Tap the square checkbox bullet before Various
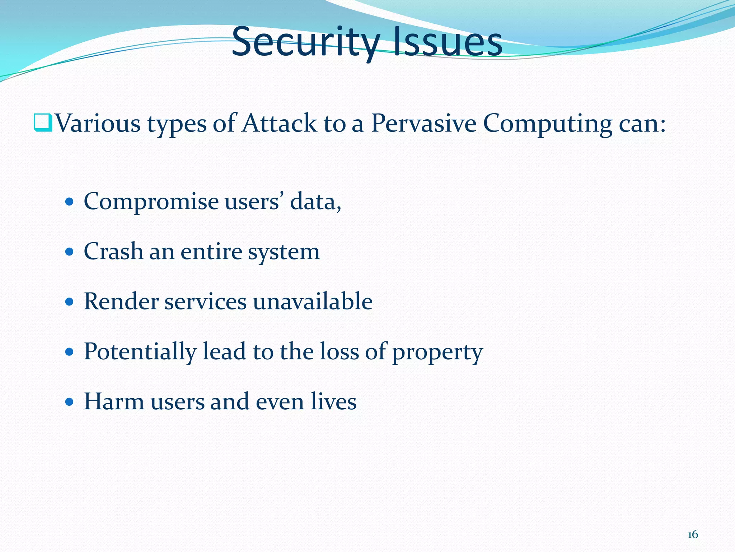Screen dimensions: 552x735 (x=43, y=123)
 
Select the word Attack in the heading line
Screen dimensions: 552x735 (x=279, y=123)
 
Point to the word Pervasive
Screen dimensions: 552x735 (x=423, y=123)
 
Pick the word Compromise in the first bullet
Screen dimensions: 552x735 (x=151, y=202)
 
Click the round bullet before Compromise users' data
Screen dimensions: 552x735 (x=70, y=201)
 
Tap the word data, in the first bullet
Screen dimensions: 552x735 (x=315, y=202)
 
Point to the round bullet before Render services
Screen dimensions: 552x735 (x=70, y=301)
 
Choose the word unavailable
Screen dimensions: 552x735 (x=313, y=301)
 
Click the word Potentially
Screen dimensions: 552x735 (x=140, y=351)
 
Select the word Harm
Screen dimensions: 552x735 (x=114, y=401)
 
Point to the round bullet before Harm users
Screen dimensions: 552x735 (x=70, y=401)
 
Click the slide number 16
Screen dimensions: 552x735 (x=693, y=535)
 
